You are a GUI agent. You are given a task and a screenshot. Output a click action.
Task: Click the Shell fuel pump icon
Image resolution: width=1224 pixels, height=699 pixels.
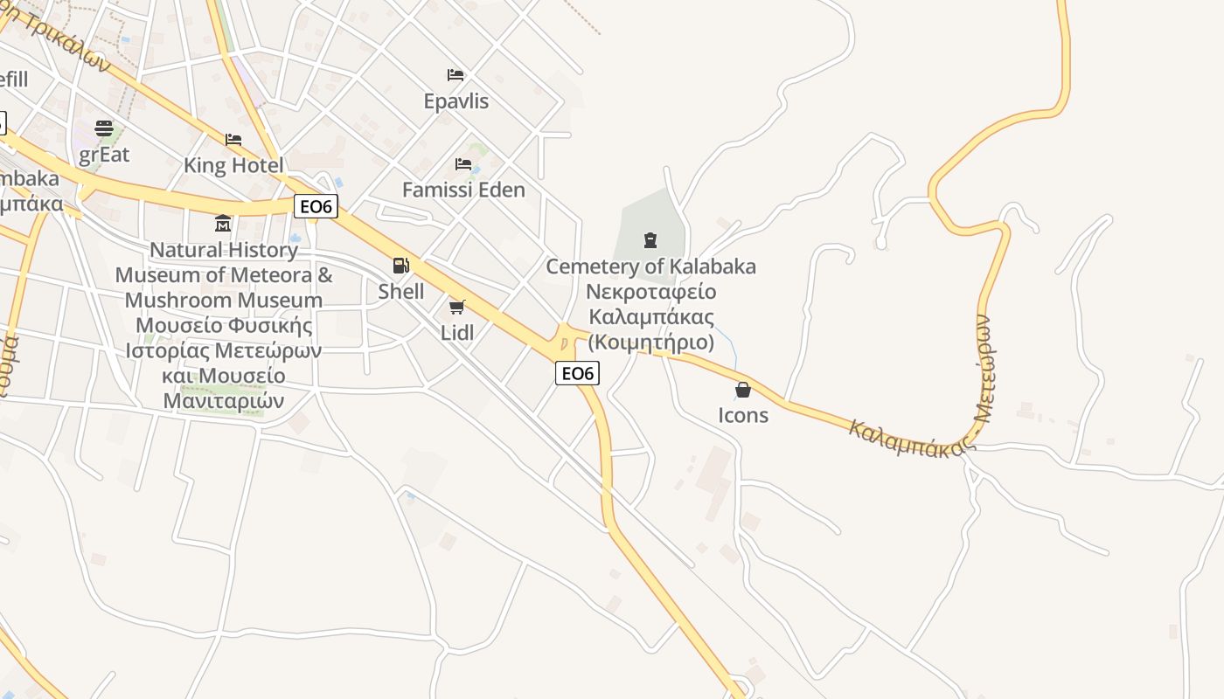[400, 266]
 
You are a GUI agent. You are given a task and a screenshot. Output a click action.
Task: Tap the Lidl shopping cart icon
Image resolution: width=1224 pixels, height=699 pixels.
[456, 307]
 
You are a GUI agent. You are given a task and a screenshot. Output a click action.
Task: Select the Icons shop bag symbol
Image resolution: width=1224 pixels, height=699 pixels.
[743, 390]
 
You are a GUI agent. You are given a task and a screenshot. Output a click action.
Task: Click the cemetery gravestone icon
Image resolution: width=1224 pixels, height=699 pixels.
[650, 239]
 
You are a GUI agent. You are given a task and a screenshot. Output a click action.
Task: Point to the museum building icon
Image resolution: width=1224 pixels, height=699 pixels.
[223, 224]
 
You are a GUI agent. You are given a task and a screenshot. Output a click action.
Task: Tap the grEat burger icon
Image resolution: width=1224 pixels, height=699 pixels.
[104, 129]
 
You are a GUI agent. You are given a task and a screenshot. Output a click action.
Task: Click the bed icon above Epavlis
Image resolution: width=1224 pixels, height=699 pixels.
[456, 75]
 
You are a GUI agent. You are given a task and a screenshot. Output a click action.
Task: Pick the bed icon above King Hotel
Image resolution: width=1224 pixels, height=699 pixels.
[233, 140]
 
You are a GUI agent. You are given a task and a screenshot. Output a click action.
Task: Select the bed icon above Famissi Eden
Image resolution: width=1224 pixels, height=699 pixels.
[463, 164]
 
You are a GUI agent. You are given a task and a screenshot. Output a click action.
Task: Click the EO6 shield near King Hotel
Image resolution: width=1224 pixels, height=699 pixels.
[316, 206]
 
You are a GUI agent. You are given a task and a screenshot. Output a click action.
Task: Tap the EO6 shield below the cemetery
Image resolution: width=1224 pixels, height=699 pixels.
[577, 373]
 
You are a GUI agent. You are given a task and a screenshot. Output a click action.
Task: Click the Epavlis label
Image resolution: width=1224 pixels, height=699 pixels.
[456, 101]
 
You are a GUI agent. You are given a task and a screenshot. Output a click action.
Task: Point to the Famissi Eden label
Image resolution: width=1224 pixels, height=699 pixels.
[463, 190]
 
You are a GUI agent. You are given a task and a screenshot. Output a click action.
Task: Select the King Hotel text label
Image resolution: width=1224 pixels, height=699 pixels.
[233, 165]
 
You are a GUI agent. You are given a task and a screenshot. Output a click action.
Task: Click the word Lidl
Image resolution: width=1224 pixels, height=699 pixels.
[457, 332]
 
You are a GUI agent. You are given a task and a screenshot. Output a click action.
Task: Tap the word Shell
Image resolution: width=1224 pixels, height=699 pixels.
[401, 291]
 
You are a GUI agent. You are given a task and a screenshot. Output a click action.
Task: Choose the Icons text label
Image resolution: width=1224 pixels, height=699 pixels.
[743, 415]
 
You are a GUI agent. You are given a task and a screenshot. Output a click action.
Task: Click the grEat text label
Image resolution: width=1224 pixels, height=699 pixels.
[104, 155]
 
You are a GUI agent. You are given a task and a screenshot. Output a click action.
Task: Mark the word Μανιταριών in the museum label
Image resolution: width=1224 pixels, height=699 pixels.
[224, 401]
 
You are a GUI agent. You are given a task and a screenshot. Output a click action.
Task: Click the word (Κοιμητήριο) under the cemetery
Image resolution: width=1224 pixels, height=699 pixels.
[650, 342]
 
